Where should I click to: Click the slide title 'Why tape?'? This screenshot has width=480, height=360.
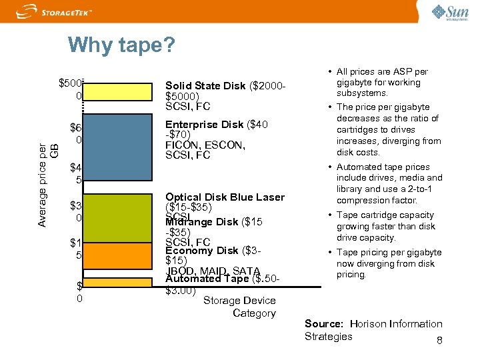(121, 45)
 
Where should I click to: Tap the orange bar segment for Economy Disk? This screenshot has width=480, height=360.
(120, 256)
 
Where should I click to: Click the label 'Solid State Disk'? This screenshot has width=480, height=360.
(206, 85)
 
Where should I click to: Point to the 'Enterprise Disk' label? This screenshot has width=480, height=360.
(204, 125)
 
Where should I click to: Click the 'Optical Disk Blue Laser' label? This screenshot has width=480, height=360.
(225, 197)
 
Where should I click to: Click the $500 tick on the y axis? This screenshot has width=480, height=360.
(71, 83)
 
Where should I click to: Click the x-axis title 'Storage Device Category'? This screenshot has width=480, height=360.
(239, 307)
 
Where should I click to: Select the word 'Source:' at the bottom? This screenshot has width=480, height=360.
(323, 324)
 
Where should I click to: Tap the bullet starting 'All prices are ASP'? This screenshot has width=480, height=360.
(387, 83)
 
